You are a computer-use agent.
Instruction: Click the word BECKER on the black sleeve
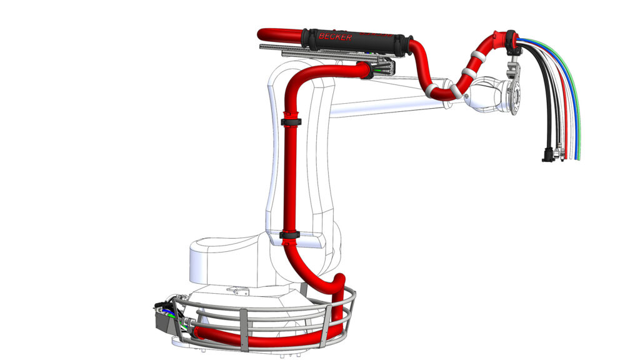click(x=335, y=37)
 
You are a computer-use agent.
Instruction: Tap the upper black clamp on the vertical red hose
click(x=291, y=122)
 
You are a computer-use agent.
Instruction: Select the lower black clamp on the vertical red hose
click(x=289, y=235)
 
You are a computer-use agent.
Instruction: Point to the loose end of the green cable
click(x=579, y=157)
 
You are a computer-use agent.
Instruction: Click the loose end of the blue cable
click(x=576, y=157)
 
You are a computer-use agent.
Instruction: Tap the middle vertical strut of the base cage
click(x=244, y=330)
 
